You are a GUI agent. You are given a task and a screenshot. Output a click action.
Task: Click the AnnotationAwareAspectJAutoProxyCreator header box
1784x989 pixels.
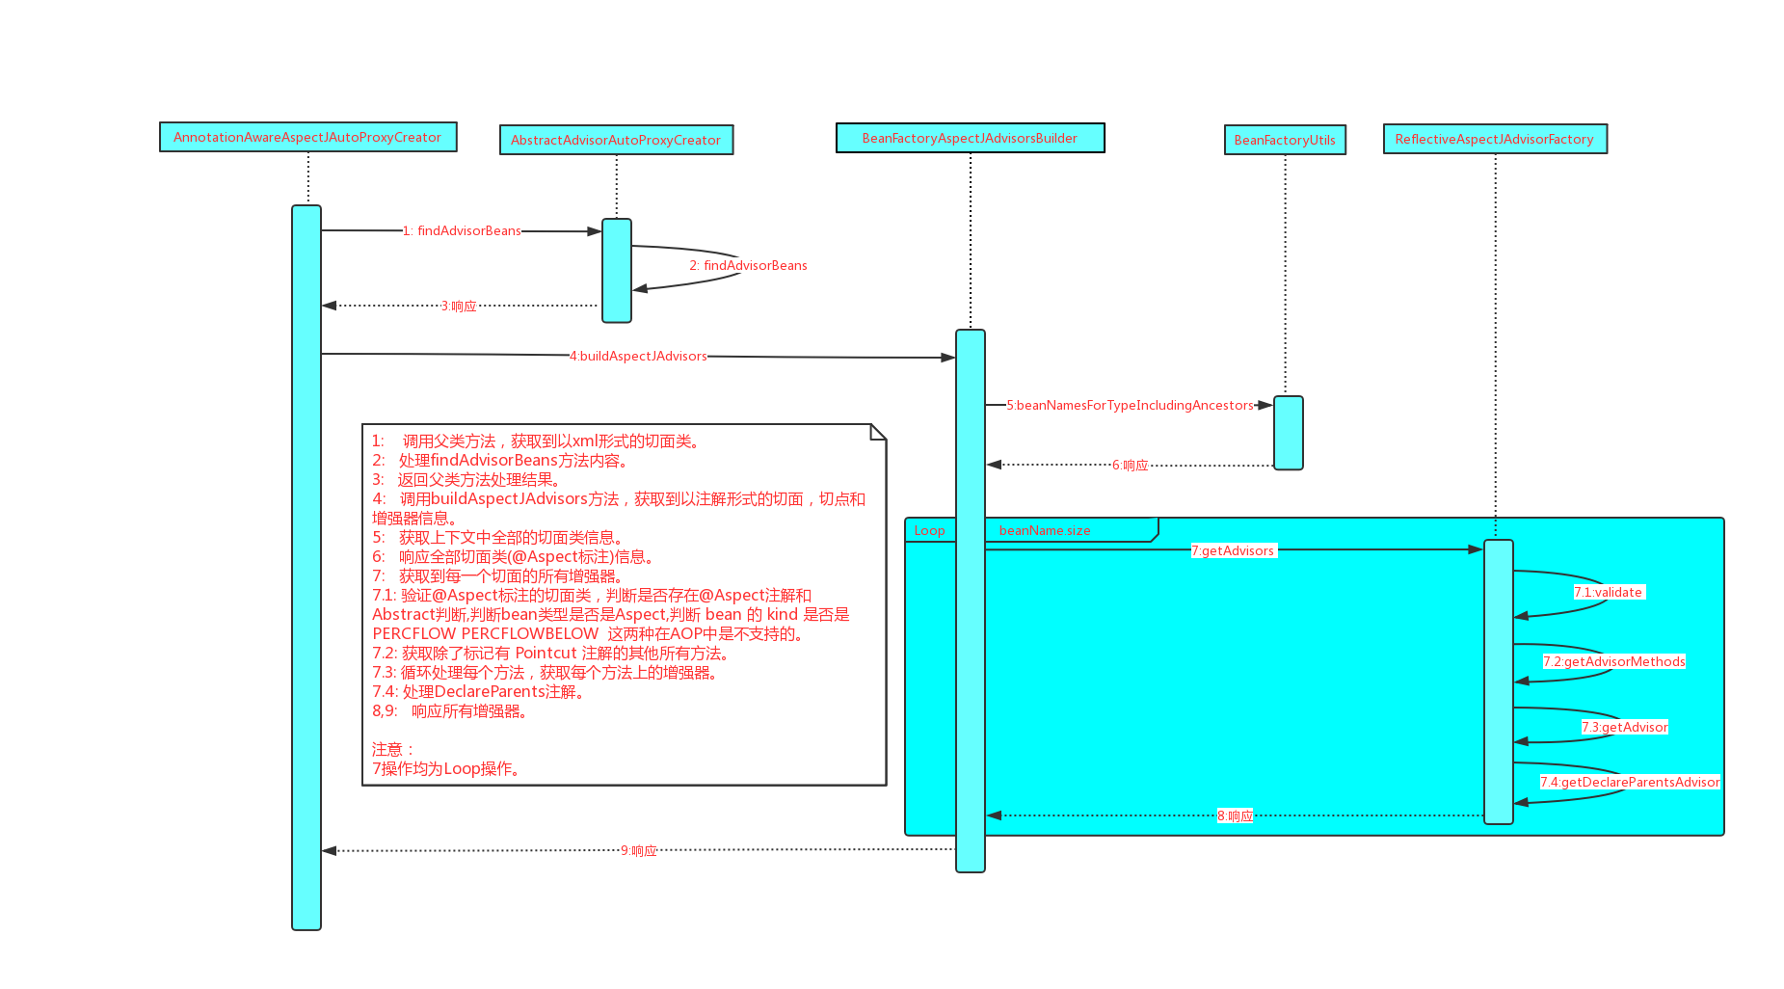point(307,137)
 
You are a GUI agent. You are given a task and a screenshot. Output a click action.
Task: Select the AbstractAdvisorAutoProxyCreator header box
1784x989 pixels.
point(616,140)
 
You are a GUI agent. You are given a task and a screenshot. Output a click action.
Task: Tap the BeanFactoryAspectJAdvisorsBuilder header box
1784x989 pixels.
point(970,138)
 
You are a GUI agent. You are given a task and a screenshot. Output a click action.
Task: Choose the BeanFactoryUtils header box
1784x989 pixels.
point(1285,140)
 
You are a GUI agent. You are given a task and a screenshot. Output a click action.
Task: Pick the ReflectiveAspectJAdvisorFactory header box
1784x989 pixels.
point(1494,139)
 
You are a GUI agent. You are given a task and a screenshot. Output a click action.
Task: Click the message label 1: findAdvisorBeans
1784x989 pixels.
point(462,230)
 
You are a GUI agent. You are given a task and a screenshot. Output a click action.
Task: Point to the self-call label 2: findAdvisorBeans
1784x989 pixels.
point(748,265)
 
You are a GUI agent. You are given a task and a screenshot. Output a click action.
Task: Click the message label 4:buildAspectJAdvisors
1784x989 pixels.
point(638,356)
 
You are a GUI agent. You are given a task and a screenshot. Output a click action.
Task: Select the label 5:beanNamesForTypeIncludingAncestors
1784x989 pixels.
point(1130,405)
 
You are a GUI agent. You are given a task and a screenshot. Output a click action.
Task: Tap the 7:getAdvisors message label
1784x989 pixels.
point(1233,550)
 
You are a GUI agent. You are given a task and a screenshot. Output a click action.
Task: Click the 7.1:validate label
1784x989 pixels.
point(1608,592)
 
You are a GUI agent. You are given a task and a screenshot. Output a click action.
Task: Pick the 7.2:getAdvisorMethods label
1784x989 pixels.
point(1613,661)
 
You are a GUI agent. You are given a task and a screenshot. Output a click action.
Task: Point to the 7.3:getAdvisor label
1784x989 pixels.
point(1624,727)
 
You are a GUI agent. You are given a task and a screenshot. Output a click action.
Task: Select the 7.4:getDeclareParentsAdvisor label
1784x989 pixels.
point(1629,782)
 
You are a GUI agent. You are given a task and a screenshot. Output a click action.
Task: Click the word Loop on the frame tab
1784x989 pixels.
point(929,530)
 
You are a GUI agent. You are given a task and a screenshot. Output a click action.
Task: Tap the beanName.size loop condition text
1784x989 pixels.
point(1045,530)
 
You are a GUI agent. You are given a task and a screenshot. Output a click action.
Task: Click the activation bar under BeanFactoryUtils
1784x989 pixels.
point(1288,433)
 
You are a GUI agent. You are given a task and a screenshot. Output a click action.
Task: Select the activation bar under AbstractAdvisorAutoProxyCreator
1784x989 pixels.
point(617,270)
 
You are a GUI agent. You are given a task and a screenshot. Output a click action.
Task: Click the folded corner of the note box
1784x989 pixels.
point(878,432)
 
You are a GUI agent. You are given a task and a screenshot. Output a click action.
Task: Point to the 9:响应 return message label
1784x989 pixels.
point(638,850)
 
